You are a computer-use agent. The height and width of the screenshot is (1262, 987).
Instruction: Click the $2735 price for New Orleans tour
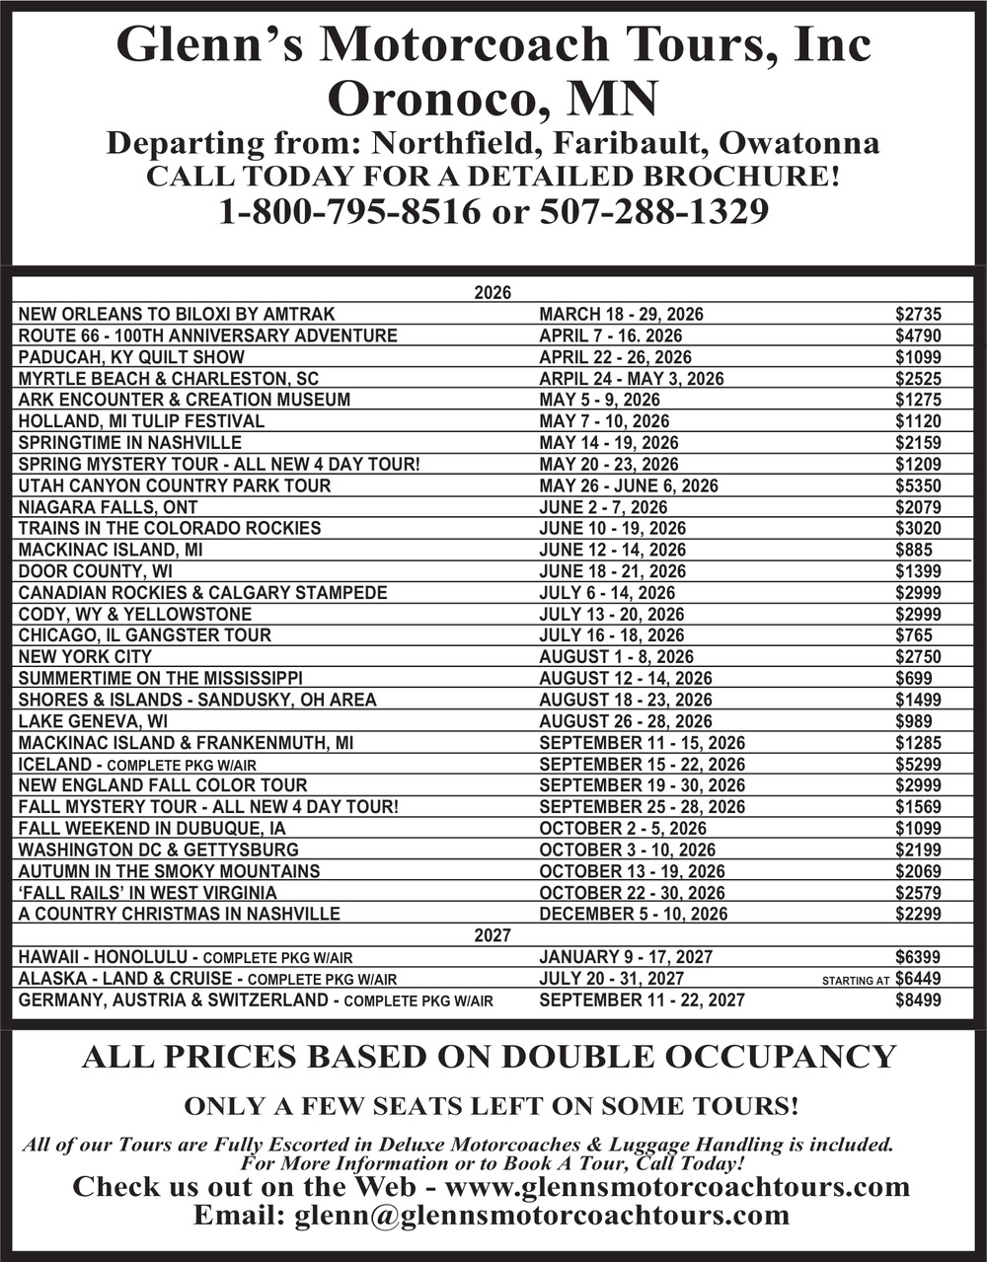coord(918,315)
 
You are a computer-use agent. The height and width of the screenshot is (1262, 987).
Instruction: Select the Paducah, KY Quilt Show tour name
coord(131,357)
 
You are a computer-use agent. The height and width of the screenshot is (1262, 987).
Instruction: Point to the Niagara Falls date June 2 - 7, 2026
coord(603,507)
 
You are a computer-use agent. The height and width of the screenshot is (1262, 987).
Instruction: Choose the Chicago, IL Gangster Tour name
coord(144,635)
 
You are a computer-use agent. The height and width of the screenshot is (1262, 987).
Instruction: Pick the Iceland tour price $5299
coord(918,764)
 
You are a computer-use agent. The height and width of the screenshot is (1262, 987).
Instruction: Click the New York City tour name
coord(85,657)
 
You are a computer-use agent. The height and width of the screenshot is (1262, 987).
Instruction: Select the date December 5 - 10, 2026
coord(633,914)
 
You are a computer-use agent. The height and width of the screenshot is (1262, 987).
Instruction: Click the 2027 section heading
coord(493,934)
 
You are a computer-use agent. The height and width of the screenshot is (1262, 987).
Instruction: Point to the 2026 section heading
coord(493,293)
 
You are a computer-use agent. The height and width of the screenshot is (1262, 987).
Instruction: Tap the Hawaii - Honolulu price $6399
coord(918,957)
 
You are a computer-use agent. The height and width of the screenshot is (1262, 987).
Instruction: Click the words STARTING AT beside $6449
coord(856,981)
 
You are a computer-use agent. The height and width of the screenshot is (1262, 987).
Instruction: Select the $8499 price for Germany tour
coord(918,1001)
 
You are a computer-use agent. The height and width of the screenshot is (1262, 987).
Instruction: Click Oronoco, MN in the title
coord(493,98)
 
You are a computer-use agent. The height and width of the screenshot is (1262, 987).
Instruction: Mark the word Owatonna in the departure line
coord(799,144)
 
